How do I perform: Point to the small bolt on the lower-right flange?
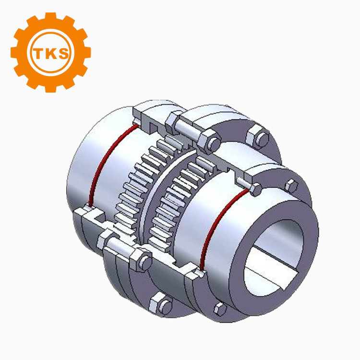click(x=220, y=308)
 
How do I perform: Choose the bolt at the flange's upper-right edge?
click(x=258, y=136)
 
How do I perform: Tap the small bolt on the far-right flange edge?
click(x=290, y=186)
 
